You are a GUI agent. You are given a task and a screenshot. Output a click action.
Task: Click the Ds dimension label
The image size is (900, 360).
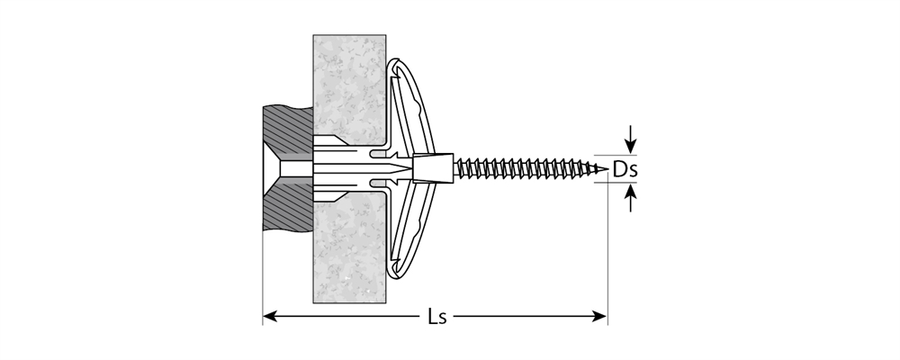tap(625, 168)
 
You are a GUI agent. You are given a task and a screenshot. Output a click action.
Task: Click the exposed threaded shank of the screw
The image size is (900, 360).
tap(522, 167)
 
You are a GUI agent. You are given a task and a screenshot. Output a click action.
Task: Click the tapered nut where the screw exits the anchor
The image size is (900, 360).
tap(432, 167)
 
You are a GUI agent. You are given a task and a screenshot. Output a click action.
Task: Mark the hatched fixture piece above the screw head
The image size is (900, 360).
tap(286, 130)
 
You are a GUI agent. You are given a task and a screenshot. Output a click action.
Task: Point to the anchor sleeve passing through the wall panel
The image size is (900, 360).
tap(346, 168)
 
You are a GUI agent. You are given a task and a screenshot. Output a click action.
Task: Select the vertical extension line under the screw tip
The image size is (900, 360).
tap(607, 252)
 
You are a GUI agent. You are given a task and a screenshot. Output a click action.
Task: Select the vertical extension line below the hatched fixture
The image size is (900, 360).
tap(263, 270)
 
